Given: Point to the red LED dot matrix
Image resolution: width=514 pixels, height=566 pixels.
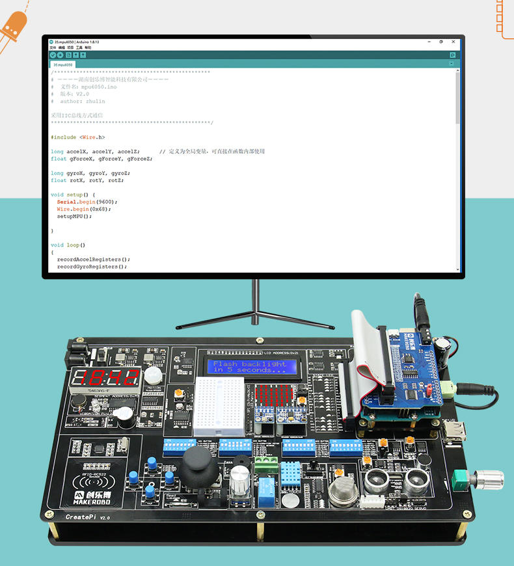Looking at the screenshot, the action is pyautogui.click(x=273, y=396).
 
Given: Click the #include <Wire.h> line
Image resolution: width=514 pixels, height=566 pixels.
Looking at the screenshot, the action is pyautogui.click(x=77, y=137).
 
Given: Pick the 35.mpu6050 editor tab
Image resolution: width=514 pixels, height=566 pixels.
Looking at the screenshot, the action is pyautogui.click(x=63, y=65).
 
